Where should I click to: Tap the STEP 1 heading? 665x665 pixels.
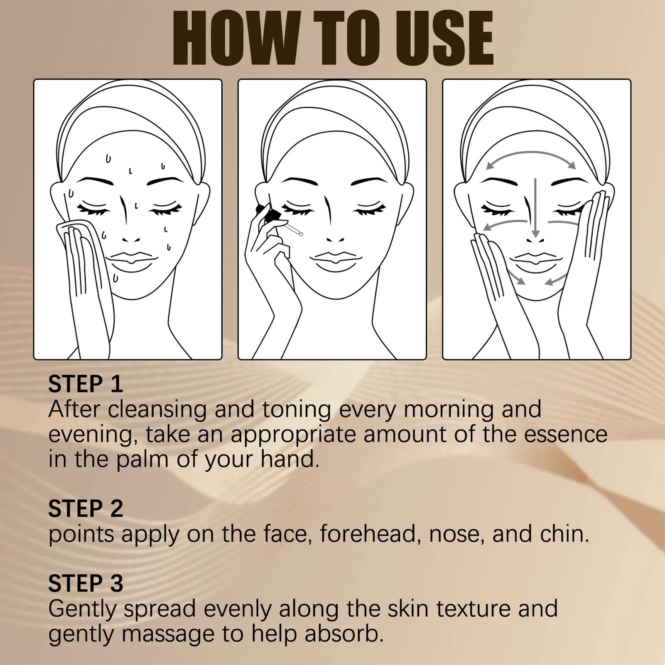point(86,384)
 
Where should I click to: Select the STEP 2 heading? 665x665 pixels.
point(86,508)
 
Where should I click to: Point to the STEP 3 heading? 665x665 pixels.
point(86,583)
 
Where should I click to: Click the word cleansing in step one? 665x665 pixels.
point(157,410)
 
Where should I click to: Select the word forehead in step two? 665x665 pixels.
point(368,534)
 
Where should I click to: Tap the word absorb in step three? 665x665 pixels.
point(344,635)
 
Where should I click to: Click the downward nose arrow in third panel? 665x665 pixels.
point(535,208)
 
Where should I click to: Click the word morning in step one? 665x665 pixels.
point(448,410)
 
